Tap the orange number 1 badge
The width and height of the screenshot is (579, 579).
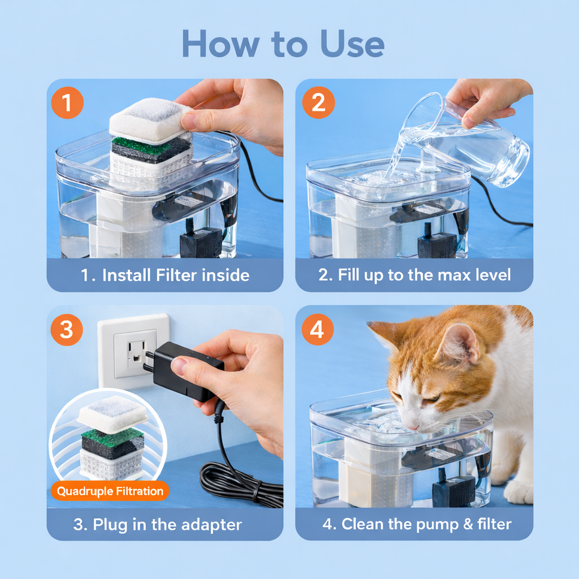click(67, 103)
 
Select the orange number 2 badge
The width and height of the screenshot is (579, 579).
click(318, 103)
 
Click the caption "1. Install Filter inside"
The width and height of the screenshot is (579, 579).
click(165, 275)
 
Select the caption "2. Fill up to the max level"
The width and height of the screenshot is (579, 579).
click(414, 275)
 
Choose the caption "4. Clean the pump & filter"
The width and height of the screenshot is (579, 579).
click(417, 524)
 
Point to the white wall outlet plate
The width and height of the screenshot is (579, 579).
click(133, 351)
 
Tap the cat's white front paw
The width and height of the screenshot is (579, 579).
click(517, 492)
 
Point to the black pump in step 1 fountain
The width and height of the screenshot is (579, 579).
click(201, 243)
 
